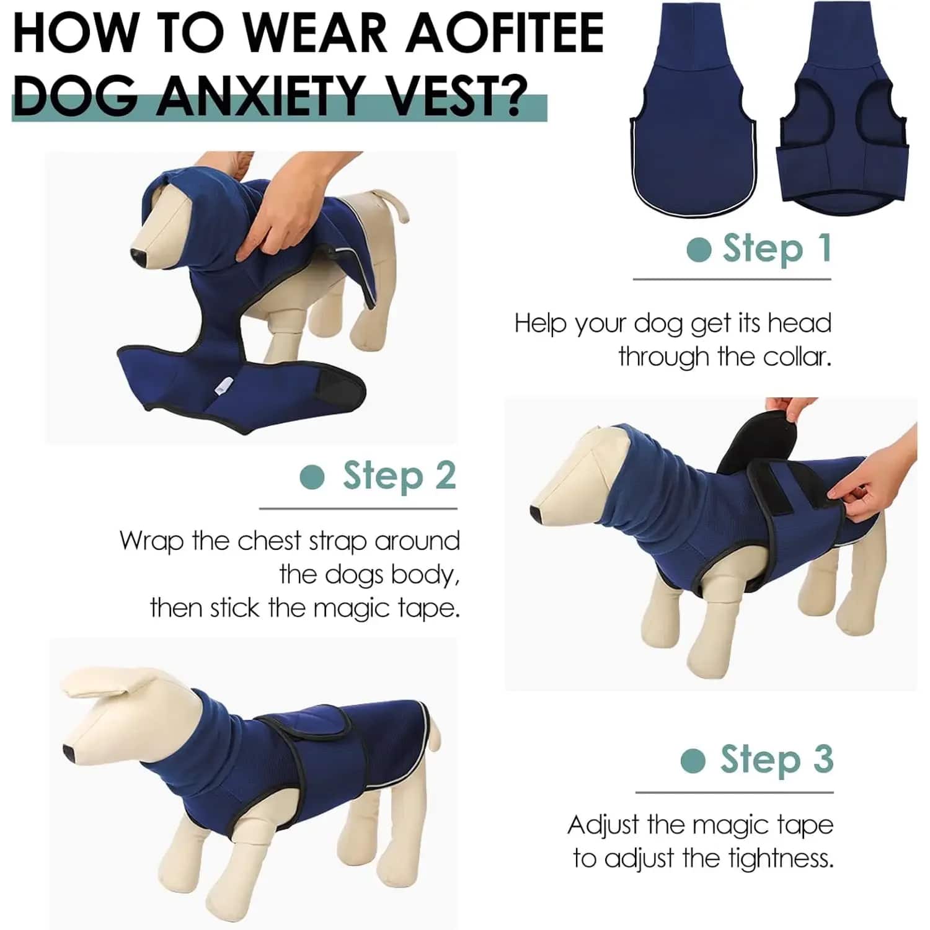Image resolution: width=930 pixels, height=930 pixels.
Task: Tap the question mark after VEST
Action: click(x=510, y=95)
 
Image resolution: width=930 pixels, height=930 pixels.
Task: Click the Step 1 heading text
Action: click(x=776, y=249)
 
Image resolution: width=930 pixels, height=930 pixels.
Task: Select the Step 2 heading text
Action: click(x=399, y=476)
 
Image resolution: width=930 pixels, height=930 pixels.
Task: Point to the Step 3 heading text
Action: click(x=776, y=759)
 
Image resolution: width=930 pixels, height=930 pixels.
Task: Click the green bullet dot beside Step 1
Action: click(x=699, y=249)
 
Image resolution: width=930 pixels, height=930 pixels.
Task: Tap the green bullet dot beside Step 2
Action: click(x=312, y=477)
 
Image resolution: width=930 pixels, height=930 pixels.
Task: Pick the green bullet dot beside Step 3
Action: click(x=693, y=761)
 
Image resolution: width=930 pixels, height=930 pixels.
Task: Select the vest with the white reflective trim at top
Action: click(x=693, y=108)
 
